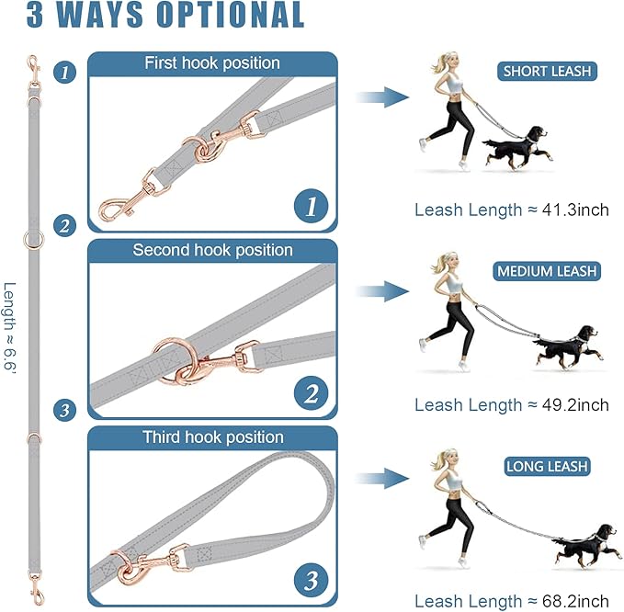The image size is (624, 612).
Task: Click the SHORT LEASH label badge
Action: (x=548, y=71)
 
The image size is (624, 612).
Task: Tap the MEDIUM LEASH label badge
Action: (x=547, y=271)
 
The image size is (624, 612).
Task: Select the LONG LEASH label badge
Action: (x=547, y=467)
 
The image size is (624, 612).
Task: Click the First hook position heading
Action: (x=212, y=63)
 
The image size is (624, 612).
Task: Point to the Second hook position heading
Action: (x=212, y=250)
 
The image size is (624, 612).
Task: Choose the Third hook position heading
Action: (x=212, y=437)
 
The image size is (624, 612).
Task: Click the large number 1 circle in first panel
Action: (x=311, y=207)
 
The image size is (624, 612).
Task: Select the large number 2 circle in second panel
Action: (x=311, y=394)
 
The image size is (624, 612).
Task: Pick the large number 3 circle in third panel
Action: (x=311, y=580)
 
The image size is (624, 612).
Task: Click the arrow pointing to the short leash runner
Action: (x=383, y=96)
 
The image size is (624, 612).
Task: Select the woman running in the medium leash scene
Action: (x=449, y=303)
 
